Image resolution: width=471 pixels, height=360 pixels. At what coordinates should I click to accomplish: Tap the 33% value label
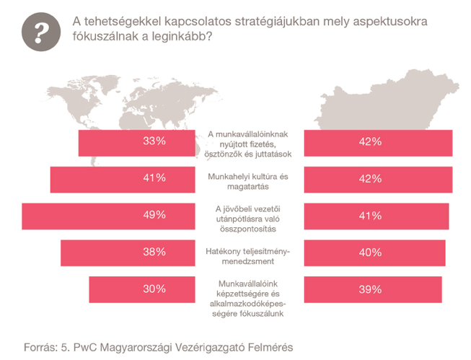click(154, 141)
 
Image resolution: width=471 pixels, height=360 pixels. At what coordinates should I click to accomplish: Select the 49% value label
click(154, 215)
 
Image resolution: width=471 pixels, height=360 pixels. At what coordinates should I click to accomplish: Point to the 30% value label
click(154, 289)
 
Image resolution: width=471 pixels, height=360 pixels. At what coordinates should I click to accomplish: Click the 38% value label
click(154, 252)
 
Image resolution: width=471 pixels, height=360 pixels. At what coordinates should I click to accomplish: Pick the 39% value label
click(370, 289)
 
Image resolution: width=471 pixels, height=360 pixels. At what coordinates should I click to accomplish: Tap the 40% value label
click(370, 252)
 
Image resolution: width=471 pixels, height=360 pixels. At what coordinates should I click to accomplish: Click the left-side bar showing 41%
click(123, 178)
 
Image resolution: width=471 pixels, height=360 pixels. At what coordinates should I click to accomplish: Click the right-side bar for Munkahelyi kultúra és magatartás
click(379, 178)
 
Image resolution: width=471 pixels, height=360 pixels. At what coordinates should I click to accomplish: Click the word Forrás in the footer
click(40, 346)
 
